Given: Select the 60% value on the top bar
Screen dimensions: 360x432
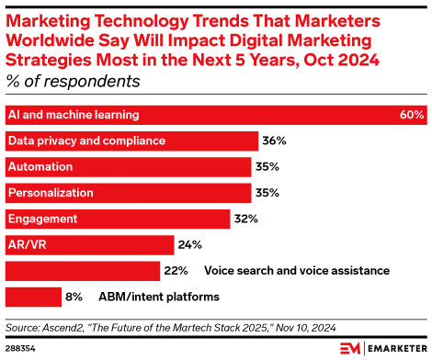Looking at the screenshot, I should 412,116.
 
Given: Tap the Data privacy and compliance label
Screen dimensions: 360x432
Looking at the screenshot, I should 86,141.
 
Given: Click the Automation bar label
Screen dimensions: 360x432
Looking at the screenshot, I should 40,167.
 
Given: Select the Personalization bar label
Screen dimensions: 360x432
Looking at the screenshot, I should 50,193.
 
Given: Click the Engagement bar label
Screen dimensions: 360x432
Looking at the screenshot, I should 43,219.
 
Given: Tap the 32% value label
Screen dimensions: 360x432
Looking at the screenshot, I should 246,219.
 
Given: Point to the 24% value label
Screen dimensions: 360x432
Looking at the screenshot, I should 189,244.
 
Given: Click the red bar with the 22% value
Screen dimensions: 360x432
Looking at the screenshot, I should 82,271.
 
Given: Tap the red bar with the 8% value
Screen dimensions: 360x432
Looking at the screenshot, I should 32,297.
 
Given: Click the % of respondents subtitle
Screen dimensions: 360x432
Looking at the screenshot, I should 74,81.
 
